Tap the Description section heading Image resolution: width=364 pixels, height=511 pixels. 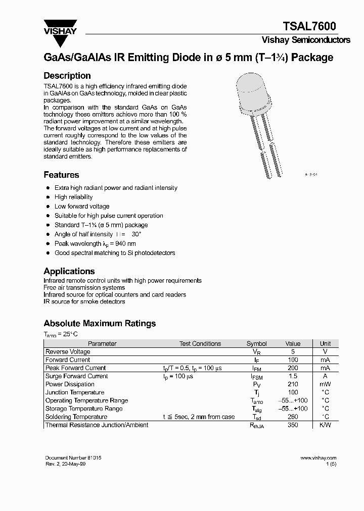(67, 76)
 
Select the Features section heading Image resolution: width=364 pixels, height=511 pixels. (61, 175)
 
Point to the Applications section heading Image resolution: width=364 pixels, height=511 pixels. (69, 271)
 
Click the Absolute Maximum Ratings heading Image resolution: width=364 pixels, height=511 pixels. (100, 323)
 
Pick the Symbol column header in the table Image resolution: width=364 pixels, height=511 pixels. (256, 343)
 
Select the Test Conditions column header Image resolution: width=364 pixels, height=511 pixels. (200, 343)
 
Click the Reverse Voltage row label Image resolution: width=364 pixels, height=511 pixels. (68, 351)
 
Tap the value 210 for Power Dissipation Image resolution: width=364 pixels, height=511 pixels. (292, 384)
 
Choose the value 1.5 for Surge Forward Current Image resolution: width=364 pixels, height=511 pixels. (292, 376)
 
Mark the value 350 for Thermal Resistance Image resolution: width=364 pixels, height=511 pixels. (292, 425)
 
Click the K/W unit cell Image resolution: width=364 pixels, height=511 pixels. (325, 425)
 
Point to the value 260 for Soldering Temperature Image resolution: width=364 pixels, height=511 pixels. (292, 417)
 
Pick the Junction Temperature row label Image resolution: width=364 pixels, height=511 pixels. (75, 392)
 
